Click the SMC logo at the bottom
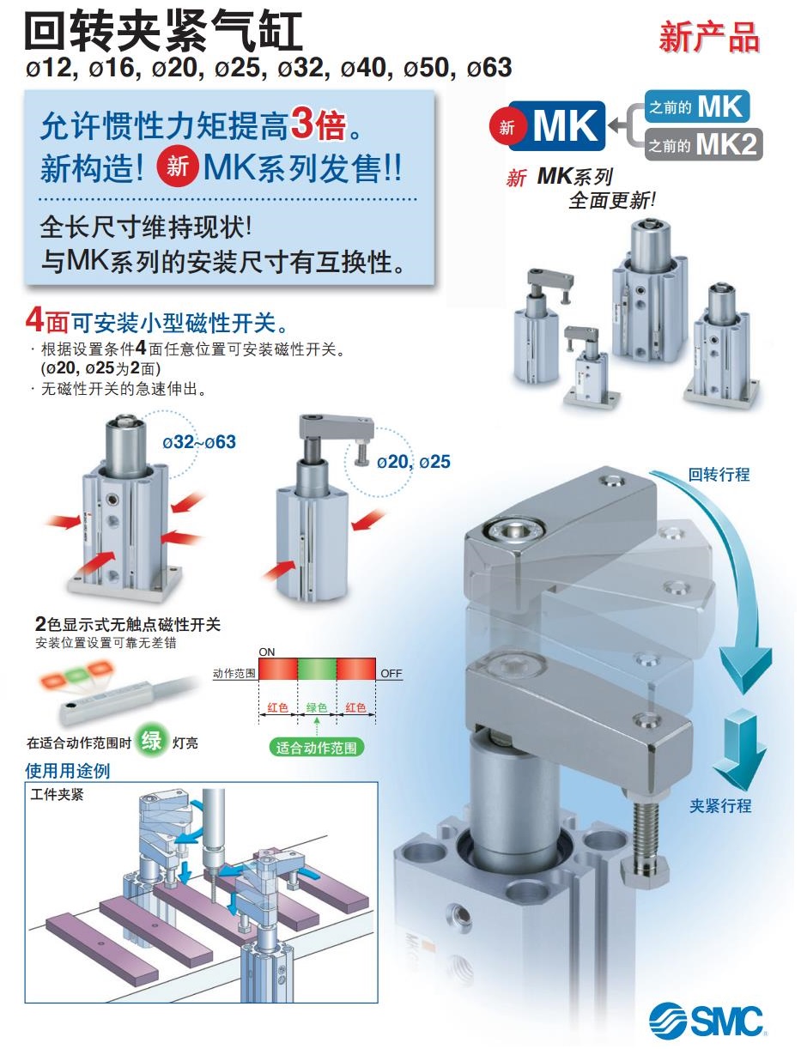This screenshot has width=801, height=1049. (707, 1021)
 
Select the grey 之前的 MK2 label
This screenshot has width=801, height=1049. (703, 144)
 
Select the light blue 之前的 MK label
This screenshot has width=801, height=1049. (696, 106)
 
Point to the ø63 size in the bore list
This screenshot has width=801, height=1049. (489, 67)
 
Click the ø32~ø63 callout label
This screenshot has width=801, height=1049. (199, 442)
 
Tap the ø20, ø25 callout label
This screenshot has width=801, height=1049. (413, 462)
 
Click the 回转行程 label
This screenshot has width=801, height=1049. (719, 474)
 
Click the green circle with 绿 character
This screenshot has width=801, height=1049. (152, 740)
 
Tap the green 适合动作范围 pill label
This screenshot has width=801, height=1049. (316, 747)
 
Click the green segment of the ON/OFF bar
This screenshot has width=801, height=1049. (316, 670)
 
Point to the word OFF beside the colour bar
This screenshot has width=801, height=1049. (391, 674)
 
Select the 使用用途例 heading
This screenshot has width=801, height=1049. (68, 770)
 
